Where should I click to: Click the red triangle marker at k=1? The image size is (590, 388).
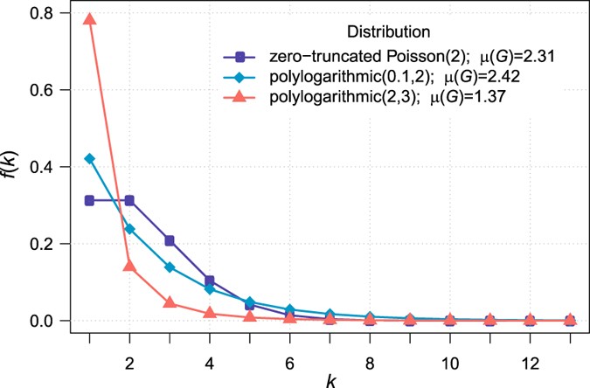pos(89,19)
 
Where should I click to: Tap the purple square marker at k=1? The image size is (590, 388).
pos(89,200)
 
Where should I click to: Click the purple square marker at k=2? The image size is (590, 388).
pos(129,200)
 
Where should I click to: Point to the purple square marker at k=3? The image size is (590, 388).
pos(170,240)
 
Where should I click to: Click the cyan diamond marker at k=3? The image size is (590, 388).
pos(170,267)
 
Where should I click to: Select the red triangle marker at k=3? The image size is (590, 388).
pos(170,302)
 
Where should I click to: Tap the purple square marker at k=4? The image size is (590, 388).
pos(210,281)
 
